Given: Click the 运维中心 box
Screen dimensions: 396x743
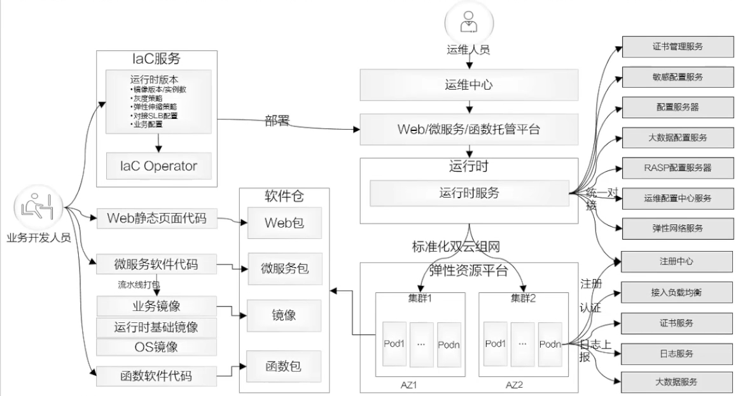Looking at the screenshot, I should click(x=469, y=85).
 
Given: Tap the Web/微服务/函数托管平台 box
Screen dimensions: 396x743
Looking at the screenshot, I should click(x=469, y=130).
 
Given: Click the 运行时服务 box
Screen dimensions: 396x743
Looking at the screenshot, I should click(x=469, y=192).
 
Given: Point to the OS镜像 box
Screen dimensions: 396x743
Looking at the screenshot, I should click(x=155, y=347).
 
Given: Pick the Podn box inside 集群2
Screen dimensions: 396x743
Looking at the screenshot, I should click(x=550, y=343).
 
